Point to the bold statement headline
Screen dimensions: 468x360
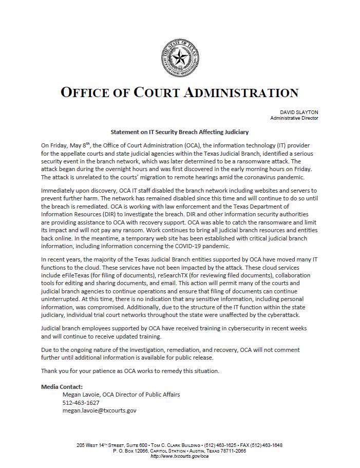coord(180,132)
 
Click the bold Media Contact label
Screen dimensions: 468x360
coord(61,386)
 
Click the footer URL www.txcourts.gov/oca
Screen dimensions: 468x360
coord(179,456)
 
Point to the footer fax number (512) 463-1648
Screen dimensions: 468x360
coord(263,445)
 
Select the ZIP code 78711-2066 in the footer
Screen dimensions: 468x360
coord(232,451)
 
